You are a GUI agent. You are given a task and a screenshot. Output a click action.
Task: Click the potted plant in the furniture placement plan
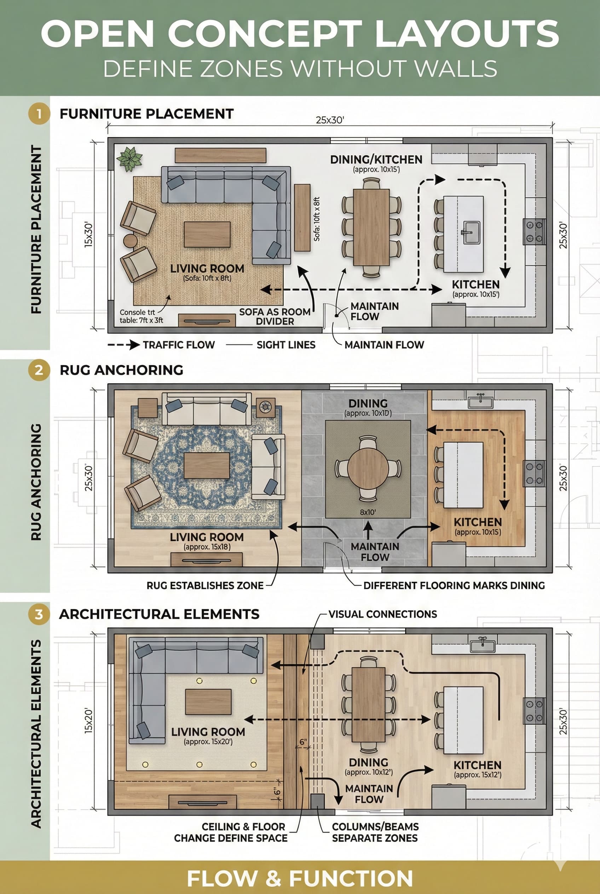click(x=130, y=159)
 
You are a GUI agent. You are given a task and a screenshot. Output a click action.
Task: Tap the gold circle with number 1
click(x=39, y=114)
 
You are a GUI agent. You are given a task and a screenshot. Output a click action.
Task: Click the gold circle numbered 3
click(x=39, y=614)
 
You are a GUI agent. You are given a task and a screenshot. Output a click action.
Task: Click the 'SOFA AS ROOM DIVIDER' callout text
click(x=275, y=317)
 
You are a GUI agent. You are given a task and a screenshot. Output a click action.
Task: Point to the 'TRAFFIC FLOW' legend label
click(x=179, y=345)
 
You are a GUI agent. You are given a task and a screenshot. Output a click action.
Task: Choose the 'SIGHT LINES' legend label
click(x=286, y=345)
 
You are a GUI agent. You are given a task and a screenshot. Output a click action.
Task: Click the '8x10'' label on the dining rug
click(x=368, y=512)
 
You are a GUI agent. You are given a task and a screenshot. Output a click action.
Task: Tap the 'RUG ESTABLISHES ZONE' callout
click(x=205, y=585)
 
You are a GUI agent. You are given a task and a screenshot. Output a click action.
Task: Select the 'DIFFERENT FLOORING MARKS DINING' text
click(x=454, y=585)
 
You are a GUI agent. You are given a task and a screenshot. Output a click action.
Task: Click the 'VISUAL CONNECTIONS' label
click(x=383, y=614)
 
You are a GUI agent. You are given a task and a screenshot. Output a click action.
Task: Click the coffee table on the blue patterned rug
click(x=207, y=465)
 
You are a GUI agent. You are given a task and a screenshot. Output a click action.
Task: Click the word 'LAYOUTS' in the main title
click(x=467, y=34)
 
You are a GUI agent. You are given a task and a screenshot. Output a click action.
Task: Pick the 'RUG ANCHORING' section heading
click(x=121, y=370)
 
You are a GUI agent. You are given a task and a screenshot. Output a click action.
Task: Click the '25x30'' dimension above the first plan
click(x=330, y=120)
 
